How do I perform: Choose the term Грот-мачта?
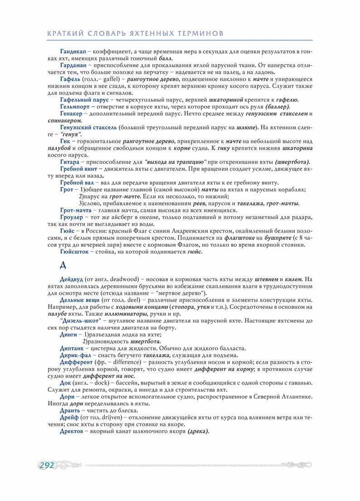(75, 210)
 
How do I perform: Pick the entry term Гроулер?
(71, 218)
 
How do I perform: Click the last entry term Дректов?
(71, 431)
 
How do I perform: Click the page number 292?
(47, 466)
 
